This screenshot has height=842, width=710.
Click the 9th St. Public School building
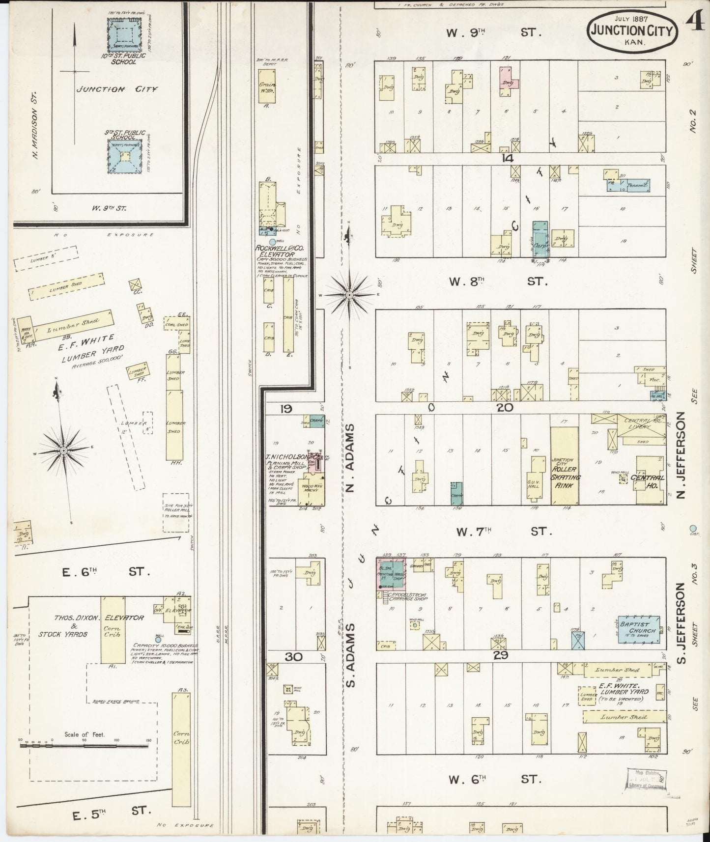pos(125,156)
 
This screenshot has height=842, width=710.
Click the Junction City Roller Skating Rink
pos(564,466)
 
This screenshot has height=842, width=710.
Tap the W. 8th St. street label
pos(497,281)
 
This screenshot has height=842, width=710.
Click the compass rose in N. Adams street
pos(349,295)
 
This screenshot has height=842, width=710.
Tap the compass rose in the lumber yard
pos(64,450)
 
